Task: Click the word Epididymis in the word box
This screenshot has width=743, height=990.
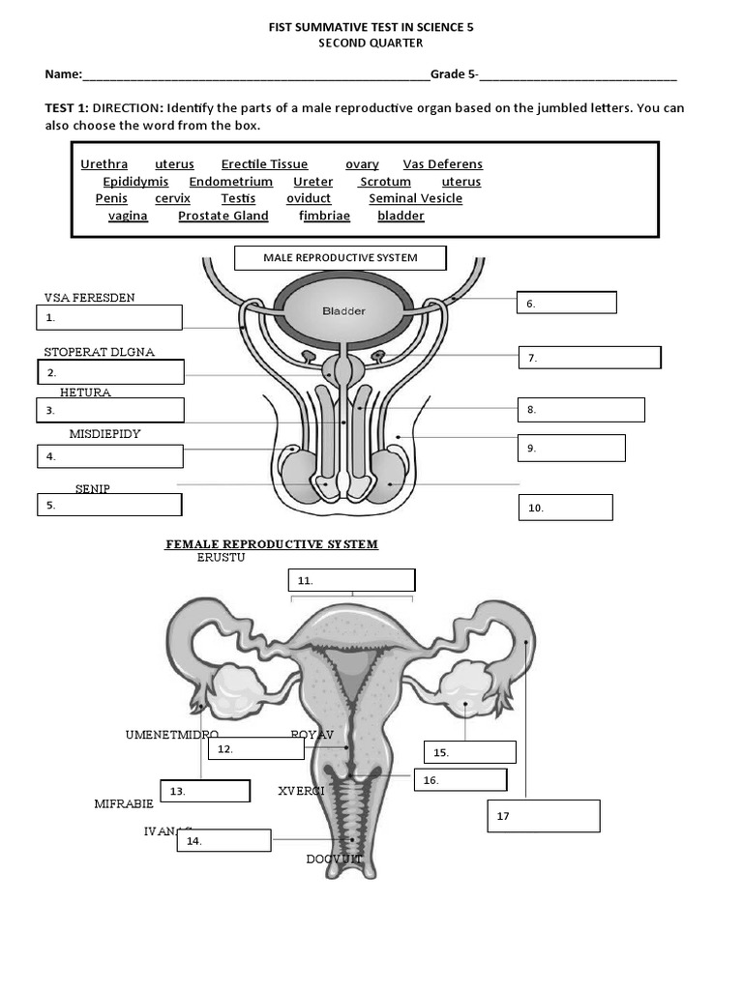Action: coord(135,182)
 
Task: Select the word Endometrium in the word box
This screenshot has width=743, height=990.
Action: coord(230,182)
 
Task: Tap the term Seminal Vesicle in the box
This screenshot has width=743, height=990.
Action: coord(415,198)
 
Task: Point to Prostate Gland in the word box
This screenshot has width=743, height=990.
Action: coord(223,216)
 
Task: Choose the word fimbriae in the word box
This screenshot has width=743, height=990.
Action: coord(324,216)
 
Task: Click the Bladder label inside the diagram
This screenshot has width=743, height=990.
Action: coord(343,311)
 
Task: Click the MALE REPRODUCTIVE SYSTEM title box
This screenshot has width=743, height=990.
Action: coord(341,258)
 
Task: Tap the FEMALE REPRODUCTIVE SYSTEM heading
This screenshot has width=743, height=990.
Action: coord(272,544)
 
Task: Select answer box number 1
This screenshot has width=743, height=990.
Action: coord(109,317)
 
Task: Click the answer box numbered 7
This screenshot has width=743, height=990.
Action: coord(589,358)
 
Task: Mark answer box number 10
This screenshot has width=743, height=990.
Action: coord(565,508)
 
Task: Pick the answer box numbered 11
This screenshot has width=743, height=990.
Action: coord(351,580)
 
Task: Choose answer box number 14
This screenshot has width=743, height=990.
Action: coord(223,841)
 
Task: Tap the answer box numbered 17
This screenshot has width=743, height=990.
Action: coord(543,816)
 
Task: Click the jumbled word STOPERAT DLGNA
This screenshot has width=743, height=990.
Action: coord(99,352)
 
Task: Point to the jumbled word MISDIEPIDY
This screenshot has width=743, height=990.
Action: coord(104,434)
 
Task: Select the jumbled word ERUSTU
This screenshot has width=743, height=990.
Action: coord(221,558)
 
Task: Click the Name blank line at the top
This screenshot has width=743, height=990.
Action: coord(256,75)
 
